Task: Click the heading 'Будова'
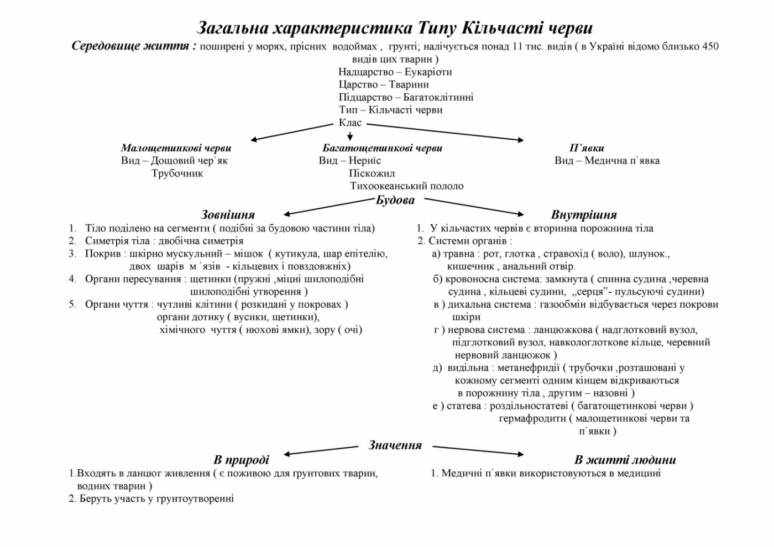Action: tap(395, 200)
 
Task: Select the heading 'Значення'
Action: tap(395, 445)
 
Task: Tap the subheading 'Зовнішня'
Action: tap(228, 214)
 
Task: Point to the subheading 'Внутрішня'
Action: tap(584, 214)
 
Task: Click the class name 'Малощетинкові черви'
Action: tap(176, 148)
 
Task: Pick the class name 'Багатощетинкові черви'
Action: tap(382, 148)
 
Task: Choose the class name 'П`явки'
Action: tap(587, 148)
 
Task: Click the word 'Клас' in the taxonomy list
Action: tap(350, 123)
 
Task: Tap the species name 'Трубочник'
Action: tap(177, 173)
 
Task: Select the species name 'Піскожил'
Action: tap(372, 173)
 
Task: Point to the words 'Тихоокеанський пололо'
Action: tap(406, 186)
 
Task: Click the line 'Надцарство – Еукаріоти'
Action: tap(395, 72)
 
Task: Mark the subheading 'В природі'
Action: tap(241, 460)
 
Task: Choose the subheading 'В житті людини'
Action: tap(625, 460)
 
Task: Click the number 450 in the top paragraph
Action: tap(710, 46)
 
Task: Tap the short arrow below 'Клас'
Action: tap(350, 135)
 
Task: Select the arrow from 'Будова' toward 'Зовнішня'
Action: tap(329, 207)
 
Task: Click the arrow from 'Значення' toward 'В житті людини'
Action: tap(478, 450)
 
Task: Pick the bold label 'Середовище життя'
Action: tap(134, 46)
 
